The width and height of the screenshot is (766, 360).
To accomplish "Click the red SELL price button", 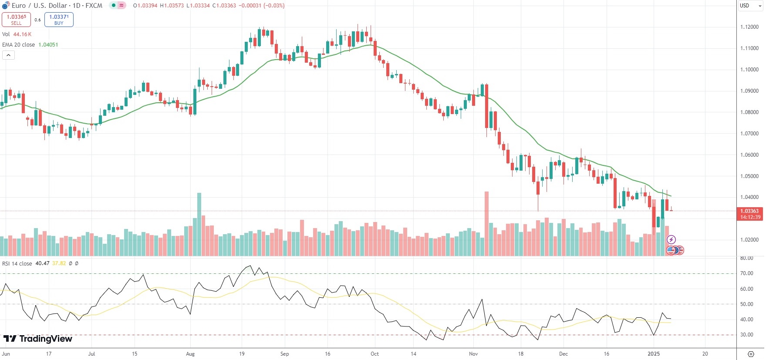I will tap(16, 20).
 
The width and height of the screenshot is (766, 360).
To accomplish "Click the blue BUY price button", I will tap(59, 20).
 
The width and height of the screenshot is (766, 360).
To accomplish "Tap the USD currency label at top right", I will tap(744, 6).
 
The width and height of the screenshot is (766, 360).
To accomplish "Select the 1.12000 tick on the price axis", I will tap(749, 27).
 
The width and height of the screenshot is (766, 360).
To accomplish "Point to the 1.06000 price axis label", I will tap(749, 155).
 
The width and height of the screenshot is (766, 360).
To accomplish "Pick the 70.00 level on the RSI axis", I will tap(747, 273).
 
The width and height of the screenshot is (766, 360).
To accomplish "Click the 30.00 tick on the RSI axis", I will tap(747, 335).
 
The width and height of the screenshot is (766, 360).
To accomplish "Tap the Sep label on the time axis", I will tap(284, 354).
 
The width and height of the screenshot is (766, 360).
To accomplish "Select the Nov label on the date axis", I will tap(473, 354).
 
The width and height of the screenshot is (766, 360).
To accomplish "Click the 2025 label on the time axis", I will tap(653, 354).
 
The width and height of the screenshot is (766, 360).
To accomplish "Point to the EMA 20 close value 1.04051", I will tap(48, 45).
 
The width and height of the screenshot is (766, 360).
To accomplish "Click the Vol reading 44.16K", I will tap(22, 34).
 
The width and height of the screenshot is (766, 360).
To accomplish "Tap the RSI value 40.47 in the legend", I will tap(42, 263).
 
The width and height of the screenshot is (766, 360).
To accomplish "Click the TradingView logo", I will tap(38, 339).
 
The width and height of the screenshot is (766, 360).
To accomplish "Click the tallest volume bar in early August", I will tap(199, 224).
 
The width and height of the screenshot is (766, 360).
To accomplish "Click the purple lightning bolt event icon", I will tap(671, 239).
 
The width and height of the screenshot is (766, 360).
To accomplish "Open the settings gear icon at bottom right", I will tap(751, 354).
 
